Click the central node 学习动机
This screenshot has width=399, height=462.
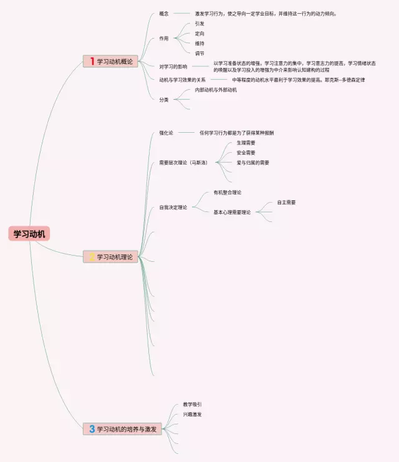tap(31, 234)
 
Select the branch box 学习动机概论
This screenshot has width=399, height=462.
tap(110, 61)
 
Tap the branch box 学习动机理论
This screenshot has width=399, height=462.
tap(110, 257)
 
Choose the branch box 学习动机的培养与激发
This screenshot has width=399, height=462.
tap(122, 429)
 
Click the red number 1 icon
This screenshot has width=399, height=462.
tap(92, 61)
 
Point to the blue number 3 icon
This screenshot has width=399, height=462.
tap(92, 429)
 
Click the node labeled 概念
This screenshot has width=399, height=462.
tap(164, 13)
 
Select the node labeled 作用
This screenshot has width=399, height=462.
tap(164, 38)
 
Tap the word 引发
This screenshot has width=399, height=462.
tap(199, 23)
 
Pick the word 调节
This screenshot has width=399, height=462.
tap(199, 53)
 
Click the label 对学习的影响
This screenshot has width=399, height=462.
tap(173, 67)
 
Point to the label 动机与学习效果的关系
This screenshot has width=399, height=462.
tap(182, 80)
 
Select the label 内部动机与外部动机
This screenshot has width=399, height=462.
tap(216, 90)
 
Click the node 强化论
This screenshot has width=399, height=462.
tap(166, 133)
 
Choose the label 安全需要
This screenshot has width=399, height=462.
tap(246, 152)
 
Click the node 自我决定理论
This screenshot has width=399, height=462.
tap(173, 208)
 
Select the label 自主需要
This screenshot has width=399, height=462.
tap(286, 202)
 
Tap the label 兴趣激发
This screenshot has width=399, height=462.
tap(192, 414)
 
